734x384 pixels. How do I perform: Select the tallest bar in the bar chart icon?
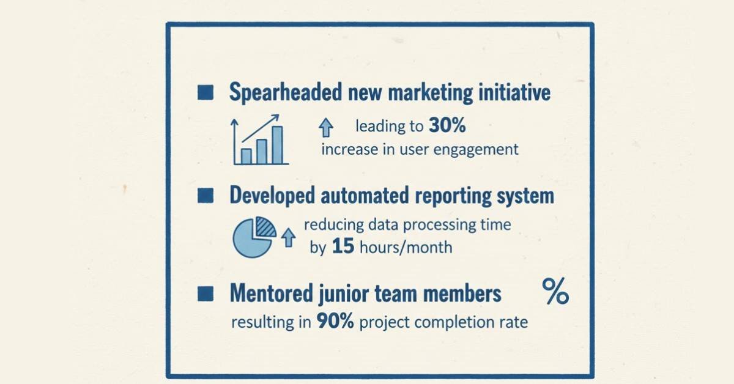[277, 145]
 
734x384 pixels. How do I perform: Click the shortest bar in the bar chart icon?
[247, 156]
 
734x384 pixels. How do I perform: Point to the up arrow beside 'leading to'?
[326, 128]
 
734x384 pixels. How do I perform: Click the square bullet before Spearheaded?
[206, 93]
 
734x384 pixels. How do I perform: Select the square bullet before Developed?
[206, 196]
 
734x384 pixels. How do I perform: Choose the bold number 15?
[344, 248]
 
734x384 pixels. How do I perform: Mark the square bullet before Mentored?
[206, 294]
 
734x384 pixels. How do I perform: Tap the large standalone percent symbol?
[555, 291]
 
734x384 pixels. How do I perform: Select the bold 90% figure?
[335, 322]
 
